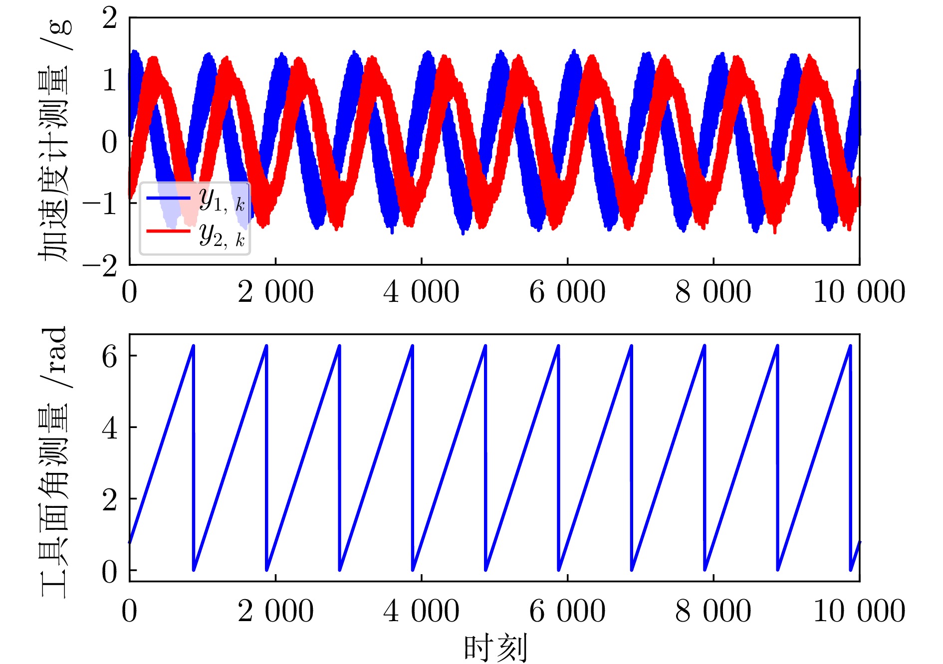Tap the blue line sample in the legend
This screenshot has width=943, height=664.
pyautogui.click(x=168, y=198)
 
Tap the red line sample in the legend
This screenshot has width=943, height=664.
pyautogui.click(x=168, y=231)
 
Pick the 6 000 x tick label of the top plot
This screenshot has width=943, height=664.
pyautogui.click(x=567, y=292)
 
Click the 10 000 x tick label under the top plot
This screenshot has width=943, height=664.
pyautogui.click(x=859, y=292)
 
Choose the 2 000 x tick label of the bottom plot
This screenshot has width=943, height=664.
pyautogui.click(x=275, y=611)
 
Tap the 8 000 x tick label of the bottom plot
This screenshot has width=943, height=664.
pyautogui.click(x=713, y=611)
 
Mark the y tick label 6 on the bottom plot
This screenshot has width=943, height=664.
pyautogui.click(x=109, y=357)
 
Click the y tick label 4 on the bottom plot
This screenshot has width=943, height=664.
pyautogui.click(x=109, y=428)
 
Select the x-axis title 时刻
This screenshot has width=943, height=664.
pyautogui.click(x=495, y=648)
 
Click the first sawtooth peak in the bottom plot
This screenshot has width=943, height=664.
pyautogui.click(x=193, y=346)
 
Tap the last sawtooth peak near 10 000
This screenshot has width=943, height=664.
pyautogui.click(x=850, y=346)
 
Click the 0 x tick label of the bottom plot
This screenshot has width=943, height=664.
pyautogui.click(x=129, y=611)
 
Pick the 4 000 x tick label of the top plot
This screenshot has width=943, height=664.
pyautogui.click(x=421, y=292)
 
